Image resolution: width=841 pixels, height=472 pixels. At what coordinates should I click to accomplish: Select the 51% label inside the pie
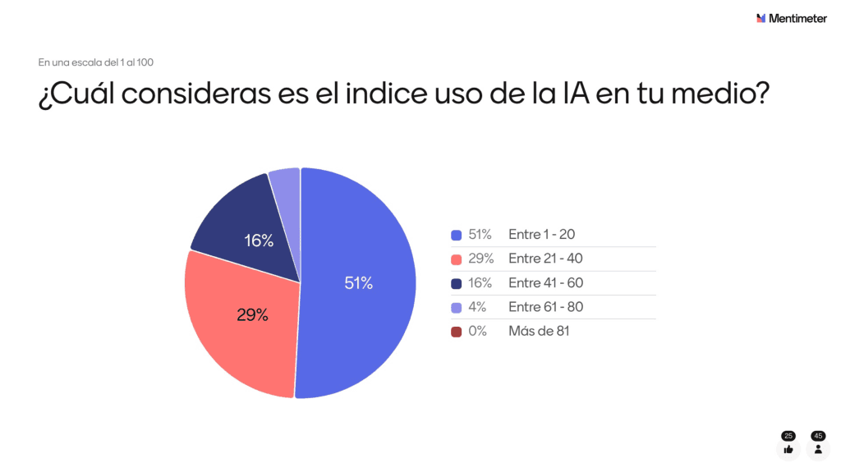coord(359,283)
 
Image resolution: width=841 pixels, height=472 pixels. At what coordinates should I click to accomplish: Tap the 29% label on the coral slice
coord(252,314)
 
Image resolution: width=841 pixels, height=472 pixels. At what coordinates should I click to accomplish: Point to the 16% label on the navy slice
coord(259,241)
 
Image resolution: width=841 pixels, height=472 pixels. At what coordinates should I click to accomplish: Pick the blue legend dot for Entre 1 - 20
coord(456,235)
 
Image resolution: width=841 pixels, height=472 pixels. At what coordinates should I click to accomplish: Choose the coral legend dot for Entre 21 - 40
coord(456,259)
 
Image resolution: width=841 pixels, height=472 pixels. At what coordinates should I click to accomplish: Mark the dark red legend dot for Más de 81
coord(456,332)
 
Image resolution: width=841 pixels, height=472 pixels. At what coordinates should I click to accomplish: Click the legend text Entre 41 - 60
coord(546,283)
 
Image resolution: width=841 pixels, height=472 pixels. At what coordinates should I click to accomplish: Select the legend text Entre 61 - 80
coord(546,307)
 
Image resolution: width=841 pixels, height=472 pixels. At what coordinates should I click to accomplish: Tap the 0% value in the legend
coord(478,332)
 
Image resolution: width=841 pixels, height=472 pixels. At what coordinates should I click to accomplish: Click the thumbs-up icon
coord(788,449)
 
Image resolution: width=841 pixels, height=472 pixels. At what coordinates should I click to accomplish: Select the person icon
coord(818,449)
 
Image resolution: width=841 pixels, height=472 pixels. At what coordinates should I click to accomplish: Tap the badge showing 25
coord(788,436)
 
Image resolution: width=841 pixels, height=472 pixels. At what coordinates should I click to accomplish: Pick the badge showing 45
coord(818,436)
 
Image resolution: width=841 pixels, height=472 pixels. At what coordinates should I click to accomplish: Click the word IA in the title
coord(577,95)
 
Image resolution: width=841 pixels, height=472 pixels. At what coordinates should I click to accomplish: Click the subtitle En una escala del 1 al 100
coord(95,62)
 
